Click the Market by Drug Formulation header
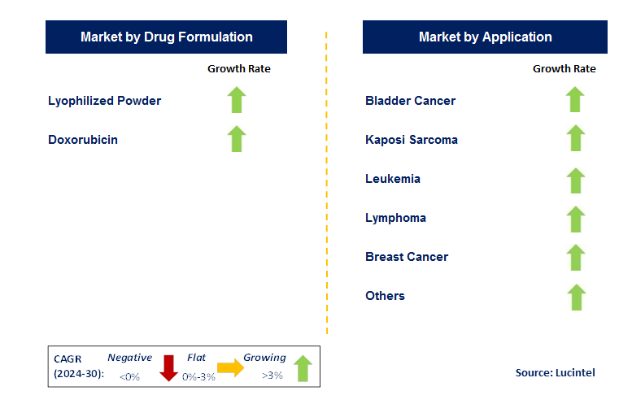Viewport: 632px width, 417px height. (x=166, y=37)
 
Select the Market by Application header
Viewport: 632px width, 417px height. (x=485, y=37)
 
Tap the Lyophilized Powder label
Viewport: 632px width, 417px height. (x=104, y=101)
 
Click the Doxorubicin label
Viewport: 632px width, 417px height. (x=83, y=140)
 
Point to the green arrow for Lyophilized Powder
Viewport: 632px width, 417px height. (x=237, y=100)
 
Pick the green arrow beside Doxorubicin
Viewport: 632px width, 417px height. (x=237, y=139)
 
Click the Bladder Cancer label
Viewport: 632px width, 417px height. (x=410, y=101)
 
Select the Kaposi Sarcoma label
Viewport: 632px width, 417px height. (x=412, y=140)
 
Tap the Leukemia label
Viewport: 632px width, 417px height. (x=393, y=179)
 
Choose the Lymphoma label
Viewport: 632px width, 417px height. (x=395, y=218)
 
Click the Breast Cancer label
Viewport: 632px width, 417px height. (x=407, y=257)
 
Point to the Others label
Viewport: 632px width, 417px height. (x=385, y=296)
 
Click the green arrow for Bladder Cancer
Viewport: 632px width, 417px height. (x=576, y=100)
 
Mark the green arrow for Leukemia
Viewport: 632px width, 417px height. (x=576, y=180)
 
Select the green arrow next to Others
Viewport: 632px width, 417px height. (x=576, y=297)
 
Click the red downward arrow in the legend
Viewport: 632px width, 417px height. (x=168, y=367)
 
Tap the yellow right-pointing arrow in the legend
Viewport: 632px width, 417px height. (x=231, y=367)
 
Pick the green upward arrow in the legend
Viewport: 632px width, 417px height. (x=303, y=367)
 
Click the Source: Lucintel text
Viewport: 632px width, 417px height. (x=555, y=372)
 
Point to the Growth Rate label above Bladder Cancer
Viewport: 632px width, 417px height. (x=564, y=69)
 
